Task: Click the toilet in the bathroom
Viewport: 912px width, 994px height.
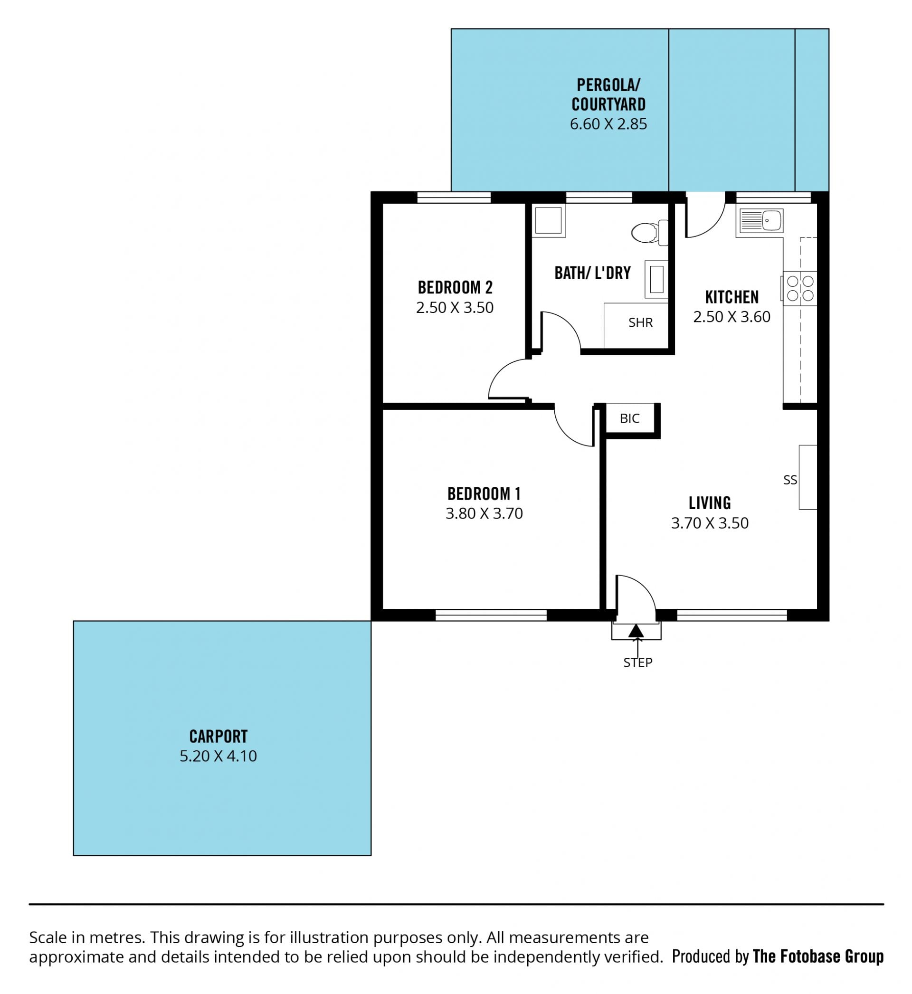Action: coord(650,232)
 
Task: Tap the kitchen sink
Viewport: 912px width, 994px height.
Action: coord(760,220)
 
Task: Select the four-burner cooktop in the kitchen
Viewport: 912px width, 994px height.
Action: coord(799,288)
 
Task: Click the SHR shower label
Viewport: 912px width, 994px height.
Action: coord(640,322)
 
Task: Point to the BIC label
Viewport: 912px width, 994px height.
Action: coord(630,418)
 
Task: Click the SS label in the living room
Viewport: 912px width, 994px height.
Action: coord(790,480)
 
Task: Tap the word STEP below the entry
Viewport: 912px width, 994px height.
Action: coord(637,663)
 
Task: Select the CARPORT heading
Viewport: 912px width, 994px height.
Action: coord(218,737)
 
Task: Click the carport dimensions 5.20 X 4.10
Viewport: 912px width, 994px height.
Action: coord(218,756)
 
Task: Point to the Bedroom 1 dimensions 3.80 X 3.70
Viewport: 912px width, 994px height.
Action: coord(484,513)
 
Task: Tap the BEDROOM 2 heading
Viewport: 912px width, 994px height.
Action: coord(455,288)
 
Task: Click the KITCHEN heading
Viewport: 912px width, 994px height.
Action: coord(732,297)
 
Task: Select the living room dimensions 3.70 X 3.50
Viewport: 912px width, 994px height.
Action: coord(710,523)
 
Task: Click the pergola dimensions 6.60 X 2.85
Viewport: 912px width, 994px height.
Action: coord(608,124)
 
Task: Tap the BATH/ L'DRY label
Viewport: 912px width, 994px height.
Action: coord(593,273)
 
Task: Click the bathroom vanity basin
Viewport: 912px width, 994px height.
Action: coord(656,279)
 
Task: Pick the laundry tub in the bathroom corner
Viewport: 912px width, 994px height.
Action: coord(549,220)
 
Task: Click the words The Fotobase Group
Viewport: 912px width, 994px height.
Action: coord(818,956)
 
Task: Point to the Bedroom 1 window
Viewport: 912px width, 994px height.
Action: coord(491,615)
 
